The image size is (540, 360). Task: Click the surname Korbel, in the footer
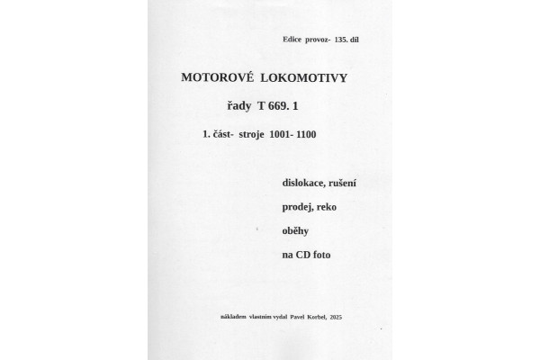click(x=315, y=318)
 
